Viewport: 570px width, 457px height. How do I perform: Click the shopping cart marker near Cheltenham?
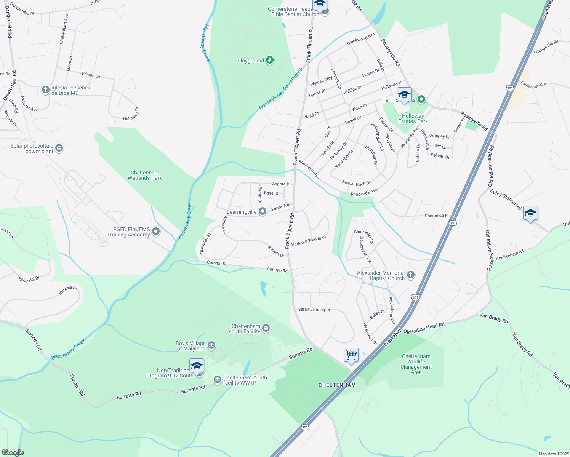point(351,355)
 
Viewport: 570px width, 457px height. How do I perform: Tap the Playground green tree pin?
point(270,60)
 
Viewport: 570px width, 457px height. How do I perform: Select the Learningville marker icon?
point(262,212)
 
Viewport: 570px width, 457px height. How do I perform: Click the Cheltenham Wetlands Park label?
point(145,175)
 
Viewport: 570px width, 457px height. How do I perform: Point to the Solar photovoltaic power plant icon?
point(59,148)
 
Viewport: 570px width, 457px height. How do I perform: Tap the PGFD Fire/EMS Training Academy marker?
point(155,231)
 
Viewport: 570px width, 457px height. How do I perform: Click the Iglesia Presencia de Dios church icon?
point(45,90)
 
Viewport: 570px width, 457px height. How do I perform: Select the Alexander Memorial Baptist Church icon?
point(410,275)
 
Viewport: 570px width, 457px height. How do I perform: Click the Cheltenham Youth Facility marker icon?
point(266,328)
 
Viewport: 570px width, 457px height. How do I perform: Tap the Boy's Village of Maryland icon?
point(211,345)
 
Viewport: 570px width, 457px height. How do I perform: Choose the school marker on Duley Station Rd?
point(530,213)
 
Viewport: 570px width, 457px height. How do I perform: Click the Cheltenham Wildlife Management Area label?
point(416,364)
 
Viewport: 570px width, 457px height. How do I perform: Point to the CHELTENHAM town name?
point(337,385)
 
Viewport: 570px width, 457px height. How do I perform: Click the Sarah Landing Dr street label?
point(314,310)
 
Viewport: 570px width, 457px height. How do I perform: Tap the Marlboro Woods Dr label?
point(308,241)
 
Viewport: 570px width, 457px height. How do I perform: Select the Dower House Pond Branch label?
point(281,89)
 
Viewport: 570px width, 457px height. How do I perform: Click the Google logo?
point(13,452)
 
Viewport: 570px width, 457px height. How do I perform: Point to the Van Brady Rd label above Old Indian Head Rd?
point(494,318)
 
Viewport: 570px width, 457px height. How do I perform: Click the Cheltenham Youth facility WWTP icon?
point(217,380)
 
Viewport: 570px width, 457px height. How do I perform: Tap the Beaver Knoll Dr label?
point(356,183)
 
